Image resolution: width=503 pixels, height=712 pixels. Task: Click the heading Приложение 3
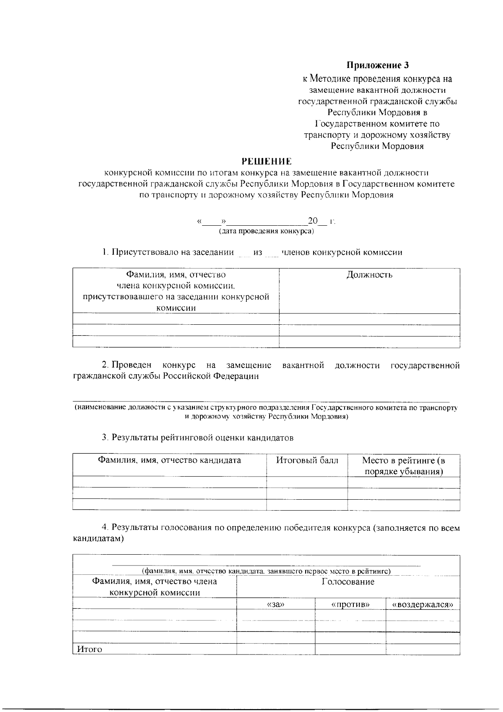coord(377,65)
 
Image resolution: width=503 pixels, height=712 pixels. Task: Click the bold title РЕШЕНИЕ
coord(267,161)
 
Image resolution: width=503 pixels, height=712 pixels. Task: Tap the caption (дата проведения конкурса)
coord(266,231)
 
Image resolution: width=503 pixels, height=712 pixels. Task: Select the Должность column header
coord(369,275)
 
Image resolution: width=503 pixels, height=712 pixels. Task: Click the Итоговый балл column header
coord(307,460)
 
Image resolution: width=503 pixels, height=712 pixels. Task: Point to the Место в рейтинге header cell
coord(404,466)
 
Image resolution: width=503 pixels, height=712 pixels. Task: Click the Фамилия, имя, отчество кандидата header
coord(169,460)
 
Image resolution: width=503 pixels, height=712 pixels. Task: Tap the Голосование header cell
coord(348,582)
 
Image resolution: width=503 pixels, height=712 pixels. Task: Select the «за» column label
coord(275,605)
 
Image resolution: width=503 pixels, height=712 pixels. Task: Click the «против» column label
coord(350,605)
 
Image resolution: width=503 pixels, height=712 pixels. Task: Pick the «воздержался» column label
coord(423,605)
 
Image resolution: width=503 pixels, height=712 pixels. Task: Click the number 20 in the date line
coord(313,221)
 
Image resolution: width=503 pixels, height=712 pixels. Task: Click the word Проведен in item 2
coord(132,365)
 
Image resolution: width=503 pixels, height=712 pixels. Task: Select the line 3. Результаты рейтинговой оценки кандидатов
coord(197,438)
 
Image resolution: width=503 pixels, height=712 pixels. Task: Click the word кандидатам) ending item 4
coord(99,539)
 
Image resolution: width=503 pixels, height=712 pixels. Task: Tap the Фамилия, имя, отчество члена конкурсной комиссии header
coord(155,587)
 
